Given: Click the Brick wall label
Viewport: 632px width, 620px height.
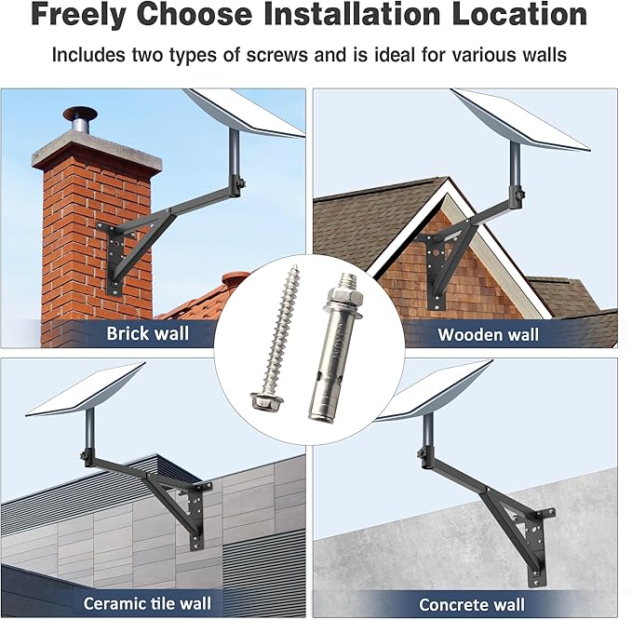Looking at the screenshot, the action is (147, 334).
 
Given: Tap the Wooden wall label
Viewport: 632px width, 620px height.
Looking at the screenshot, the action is (488, 335).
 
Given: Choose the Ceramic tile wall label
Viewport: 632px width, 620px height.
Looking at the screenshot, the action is (147, 603).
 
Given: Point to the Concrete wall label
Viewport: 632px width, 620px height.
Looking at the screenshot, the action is (472, 605).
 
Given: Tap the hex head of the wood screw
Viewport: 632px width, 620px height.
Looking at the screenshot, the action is (266, 401).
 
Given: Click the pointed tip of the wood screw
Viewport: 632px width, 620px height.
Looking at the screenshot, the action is (296, 266).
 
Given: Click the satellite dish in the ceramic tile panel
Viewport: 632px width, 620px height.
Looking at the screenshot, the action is (86, 389).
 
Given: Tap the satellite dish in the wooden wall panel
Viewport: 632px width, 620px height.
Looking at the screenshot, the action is (520, 120).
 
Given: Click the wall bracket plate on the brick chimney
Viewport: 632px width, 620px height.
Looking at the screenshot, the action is (115, 259).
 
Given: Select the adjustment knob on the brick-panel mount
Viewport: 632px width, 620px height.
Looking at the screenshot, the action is (242, 183).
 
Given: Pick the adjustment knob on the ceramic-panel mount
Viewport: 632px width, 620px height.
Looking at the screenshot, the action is (84, 456).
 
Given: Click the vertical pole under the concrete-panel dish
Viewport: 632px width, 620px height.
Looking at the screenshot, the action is (427, 436).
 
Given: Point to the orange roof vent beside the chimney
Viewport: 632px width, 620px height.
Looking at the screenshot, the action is (235, 278).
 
